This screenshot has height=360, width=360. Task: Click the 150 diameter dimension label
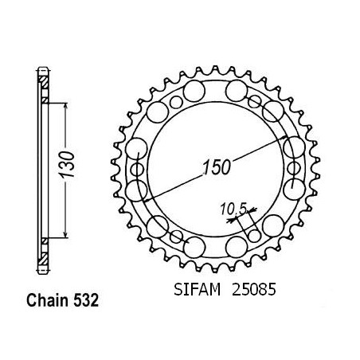click(x=217, y=167)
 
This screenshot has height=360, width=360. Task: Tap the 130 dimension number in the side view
click(x=66, y=165)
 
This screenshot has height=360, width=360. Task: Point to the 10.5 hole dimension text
click(x=233, y=209)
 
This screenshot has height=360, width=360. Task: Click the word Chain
click(x=48, y=300)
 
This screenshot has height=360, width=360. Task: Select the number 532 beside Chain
click(x=86, y=300)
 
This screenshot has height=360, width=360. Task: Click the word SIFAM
click(x=197, y=289)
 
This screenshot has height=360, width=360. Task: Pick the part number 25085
click(x=254, y=289)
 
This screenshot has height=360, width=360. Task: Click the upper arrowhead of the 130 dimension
click(x=65, y=106)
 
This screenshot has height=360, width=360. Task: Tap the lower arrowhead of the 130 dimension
click(x=65, y=234)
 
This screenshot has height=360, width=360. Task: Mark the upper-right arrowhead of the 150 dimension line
click(x=284, y=138)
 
